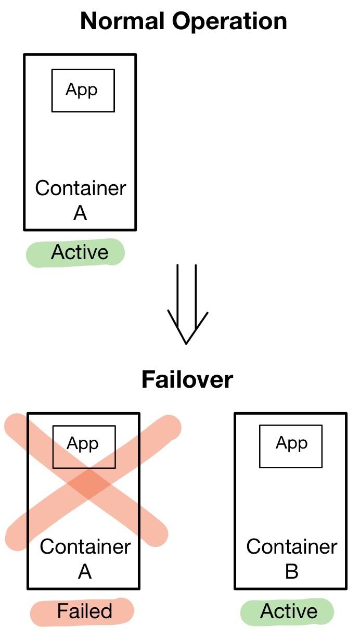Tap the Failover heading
(x=187, y=380)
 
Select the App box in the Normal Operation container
(x=83, y=91)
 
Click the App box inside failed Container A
(x=84, y=446)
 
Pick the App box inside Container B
(x=291, y=445)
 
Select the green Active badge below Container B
(x=287, y=611)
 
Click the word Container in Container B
(x=291, y=547)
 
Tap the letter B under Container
(x=291, y=571)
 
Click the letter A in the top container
(x=80, y=213)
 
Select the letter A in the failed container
(x=85, y=571)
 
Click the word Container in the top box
(x=81, y=188)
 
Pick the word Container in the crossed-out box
(x=85, y=547)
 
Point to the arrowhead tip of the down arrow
(x=186, y=342)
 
